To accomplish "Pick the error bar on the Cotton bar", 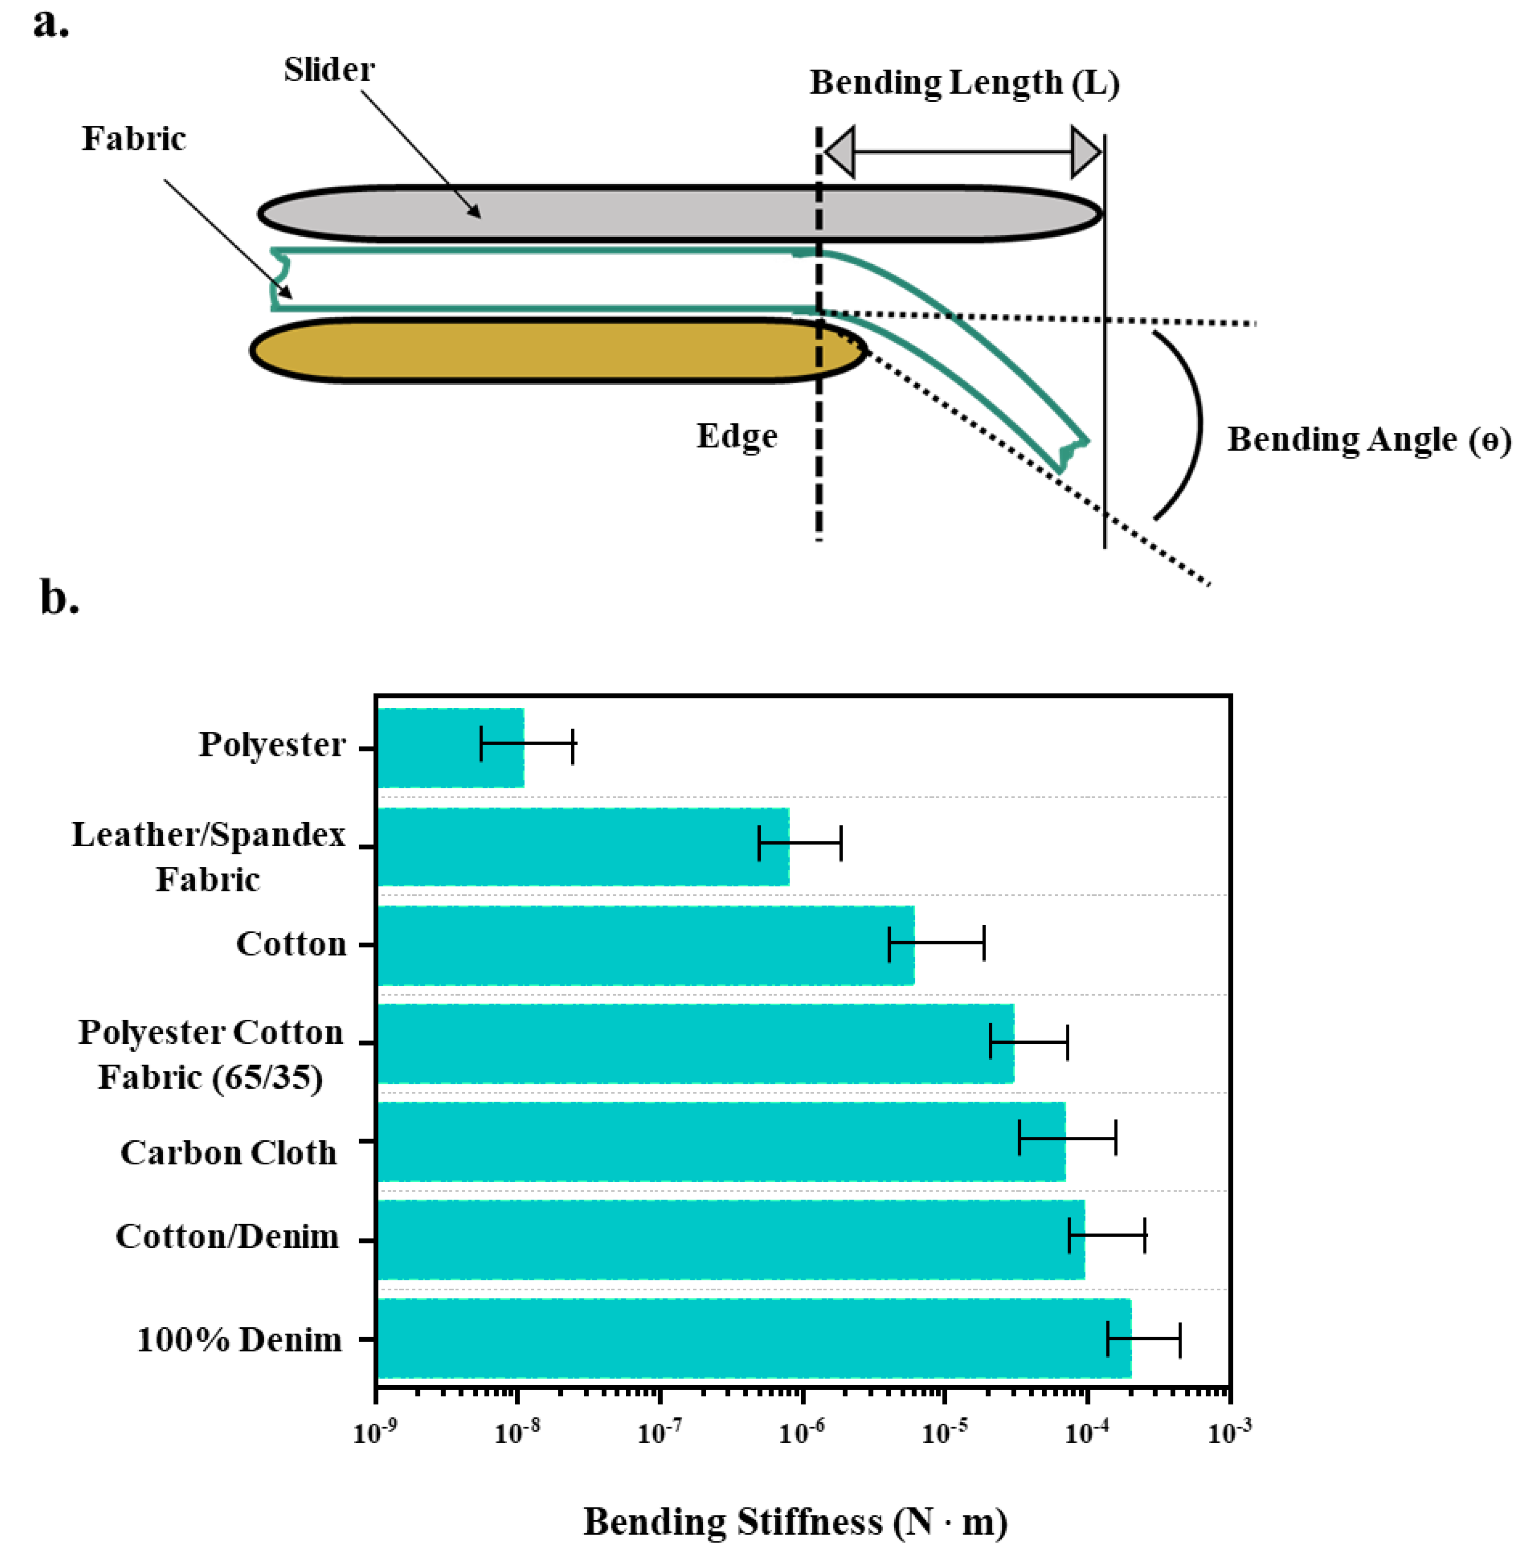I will click(936, 944).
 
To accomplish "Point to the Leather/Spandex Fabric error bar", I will click(799, 844).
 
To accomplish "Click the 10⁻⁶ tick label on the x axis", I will click(802, 1433).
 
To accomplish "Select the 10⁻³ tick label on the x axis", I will click(1229, 1433).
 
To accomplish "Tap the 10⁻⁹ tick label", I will click(375, 1433).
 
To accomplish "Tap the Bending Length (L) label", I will click(964, 83).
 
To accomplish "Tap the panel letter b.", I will click(59, 597).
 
